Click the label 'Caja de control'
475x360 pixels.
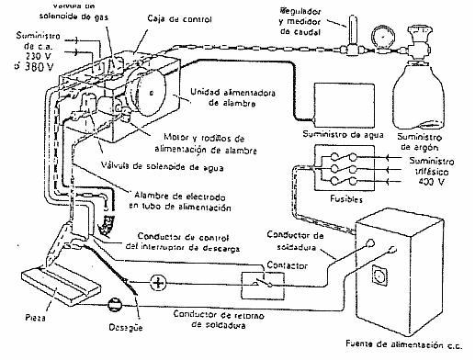[x=156, y=17]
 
